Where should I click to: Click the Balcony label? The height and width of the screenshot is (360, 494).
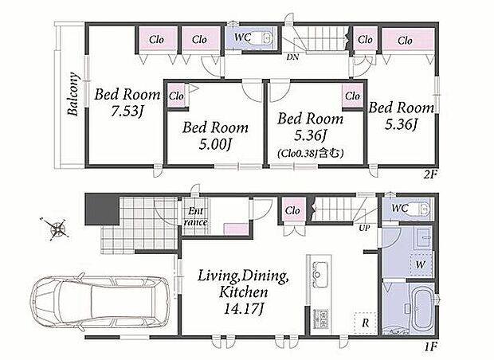pyautogui.click(x=73, y=94)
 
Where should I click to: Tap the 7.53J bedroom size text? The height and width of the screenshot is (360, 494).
pyautogui.click(x=127, y=112)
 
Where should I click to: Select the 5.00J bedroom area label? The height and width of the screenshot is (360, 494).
pyautogui.click(x=215, y=145)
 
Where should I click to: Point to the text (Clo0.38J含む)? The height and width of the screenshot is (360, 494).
pyautogui.click(x=310, y=154)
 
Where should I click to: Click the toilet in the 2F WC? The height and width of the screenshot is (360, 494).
pyautogui.click(x=264, y=39)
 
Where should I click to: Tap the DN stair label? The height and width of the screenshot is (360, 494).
pyautogui.click(x=292, y=57)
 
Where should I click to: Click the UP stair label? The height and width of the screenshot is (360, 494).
pyautogui.click(x=364, y=228)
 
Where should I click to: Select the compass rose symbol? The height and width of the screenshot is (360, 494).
pyautogui.click(x=56, y=229)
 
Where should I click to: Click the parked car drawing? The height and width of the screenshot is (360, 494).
pyautogui.click(x=100, y=303)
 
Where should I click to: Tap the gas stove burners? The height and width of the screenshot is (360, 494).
pyautogui.click(x=320, y=319)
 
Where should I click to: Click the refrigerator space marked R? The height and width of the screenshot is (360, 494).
pyautogui.click(x=365, y=323)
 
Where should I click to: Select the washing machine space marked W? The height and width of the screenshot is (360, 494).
pyautogui.click(x=420, y=264)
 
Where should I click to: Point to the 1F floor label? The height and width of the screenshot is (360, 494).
pyautogui.click(x=430, y=346)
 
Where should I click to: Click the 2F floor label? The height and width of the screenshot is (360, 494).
pyautogui.click(x=430, y=174)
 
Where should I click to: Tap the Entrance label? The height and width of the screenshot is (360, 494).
pyautogui.click(x=196, y=217)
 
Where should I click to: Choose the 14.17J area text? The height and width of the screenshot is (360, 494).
pyautogui.click(x=243, y=309)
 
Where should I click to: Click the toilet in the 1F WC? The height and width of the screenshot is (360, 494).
pyautogui.click(x=419, y=208)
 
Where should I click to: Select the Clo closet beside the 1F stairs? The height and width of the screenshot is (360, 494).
pyautogui.click(x=292, y=210)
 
